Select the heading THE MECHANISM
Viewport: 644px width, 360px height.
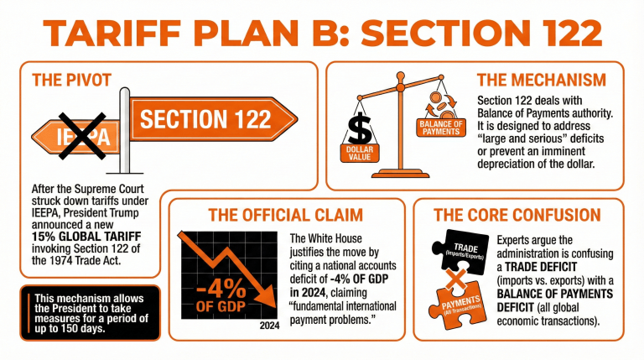pos(541,81)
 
